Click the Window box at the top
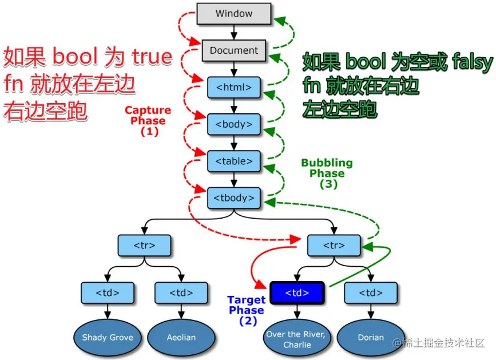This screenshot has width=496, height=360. pos(233,14)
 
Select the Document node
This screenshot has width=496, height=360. pos(233,50)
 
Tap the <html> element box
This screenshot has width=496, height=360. pos(233,87)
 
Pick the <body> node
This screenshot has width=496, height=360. pos(233,124)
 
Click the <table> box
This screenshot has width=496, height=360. pos(233,161)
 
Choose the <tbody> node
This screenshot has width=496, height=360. pos(233,198)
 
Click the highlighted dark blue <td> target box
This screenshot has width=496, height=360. pos(297,292)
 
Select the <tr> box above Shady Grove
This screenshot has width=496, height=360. pos(144,245)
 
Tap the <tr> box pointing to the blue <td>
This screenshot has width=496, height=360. pos(334,245)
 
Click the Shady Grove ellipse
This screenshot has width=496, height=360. pos(108,337)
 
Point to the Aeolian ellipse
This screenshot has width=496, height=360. pos(181,337)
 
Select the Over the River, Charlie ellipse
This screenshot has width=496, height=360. pos(297,339)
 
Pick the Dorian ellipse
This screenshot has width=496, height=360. pos(371,337)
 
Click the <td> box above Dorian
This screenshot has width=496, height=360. pos(371,292)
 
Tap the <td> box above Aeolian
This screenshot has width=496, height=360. pos(181,292)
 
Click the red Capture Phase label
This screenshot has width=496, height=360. pos(148,120)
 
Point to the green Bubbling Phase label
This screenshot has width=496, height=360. pos(327,173)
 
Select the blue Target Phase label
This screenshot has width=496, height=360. pos(247,310)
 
